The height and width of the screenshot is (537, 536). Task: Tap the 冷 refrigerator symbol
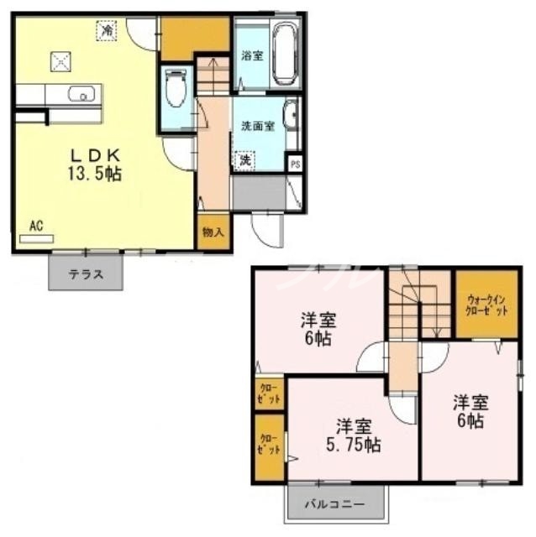pos(107,30)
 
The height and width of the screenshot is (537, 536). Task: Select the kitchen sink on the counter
pos(79,94)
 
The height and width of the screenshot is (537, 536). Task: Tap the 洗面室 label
pos(258,127)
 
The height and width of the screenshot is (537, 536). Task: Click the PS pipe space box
pos(295,164)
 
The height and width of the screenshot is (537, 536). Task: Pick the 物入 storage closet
pos(213,232)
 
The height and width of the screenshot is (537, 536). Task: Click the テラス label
pos(87,274)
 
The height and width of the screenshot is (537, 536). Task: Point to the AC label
pos(36,225)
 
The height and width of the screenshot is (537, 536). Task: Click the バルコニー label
pos(334,506)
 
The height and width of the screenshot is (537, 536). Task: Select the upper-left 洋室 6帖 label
pos(318,329)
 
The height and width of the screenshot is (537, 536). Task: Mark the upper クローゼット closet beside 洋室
pos(270,394)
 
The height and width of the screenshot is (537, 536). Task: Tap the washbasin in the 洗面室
pos(291,115)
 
